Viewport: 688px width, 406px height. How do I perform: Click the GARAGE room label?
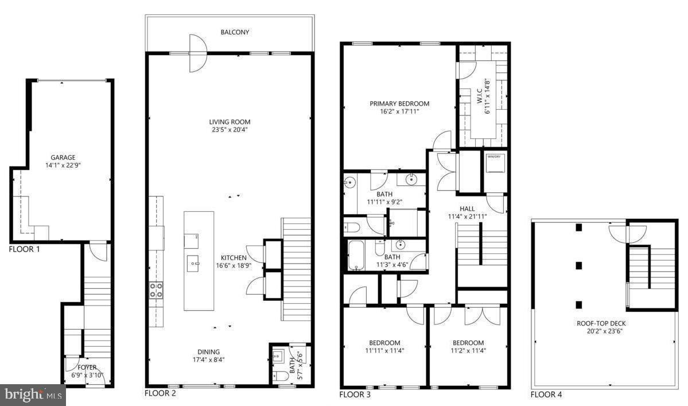tap(63, 157)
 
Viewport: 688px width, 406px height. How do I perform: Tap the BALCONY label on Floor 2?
tap(235, 33)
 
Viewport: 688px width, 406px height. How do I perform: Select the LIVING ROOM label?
tap(230, 122)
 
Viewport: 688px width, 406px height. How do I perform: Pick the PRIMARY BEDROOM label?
tap(399, 104)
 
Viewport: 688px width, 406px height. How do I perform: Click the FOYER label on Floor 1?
tap(88, 368)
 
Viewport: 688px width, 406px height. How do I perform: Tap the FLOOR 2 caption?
tap(161, 393)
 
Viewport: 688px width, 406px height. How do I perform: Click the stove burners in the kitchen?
tap(156, 289)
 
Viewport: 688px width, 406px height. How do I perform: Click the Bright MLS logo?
tap(33, 395)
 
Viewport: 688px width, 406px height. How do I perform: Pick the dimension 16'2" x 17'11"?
tap(399, 112)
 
